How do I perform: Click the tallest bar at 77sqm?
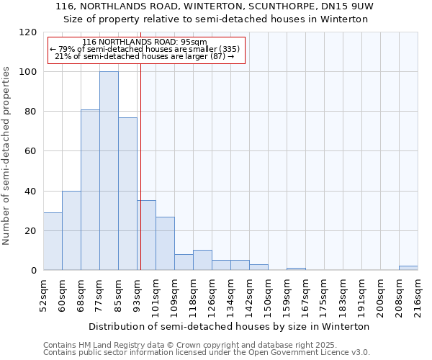(x=109, y=171)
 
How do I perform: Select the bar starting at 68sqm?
(x=90, y=190)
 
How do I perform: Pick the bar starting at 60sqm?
(x=71, y=230)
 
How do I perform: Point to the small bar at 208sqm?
(x=408, y=268)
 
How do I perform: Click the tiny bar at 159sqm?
(x=296, y=269)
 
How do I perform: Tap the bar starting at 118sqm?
(x=202, y=260)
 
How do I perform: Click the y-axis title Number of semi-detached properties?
(x=6, y=151)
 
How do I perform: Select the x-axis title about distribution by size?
(x=229, y=326)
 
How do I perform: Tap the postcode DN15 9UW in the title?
(x=352, y=6)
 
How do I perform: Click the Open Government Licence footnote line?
(x=207, y=353)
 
